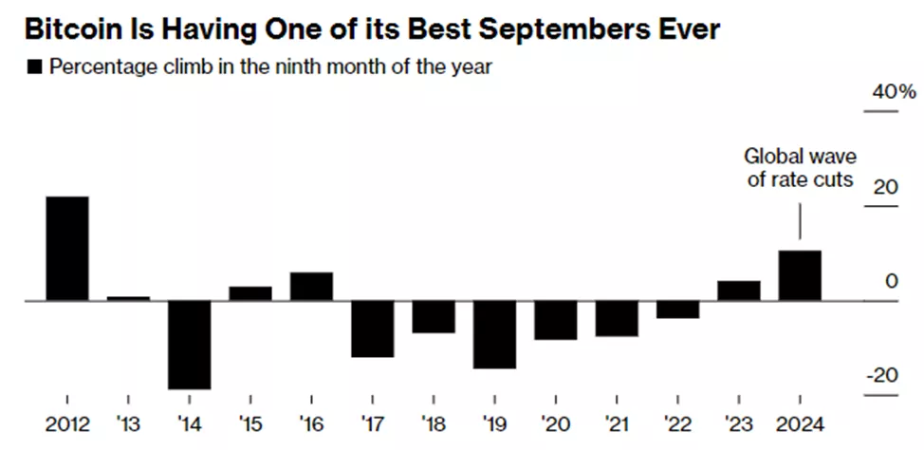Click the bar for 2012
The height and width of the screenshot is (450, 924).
pos(67,249)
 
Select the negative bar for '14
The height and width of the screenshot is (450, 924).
pos(190,345)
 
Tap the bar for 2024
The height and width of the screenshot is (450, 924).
pos(800,275)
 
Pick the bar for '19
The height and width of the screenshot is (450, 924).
pos(495,334)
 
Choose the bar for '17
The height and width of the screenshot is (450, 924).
pos(373,328)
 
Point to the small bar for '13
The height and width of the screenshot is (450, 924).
pos(129,298)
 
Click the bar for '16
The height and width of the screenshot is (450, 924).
pos(311,287)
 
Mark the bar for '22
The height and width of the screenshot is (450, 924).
pos(678,309)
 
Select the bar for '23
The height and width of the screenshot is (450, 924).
pos(739,291)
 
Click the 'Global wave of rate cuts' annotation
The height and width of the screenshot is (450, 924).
pos(799,167)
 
